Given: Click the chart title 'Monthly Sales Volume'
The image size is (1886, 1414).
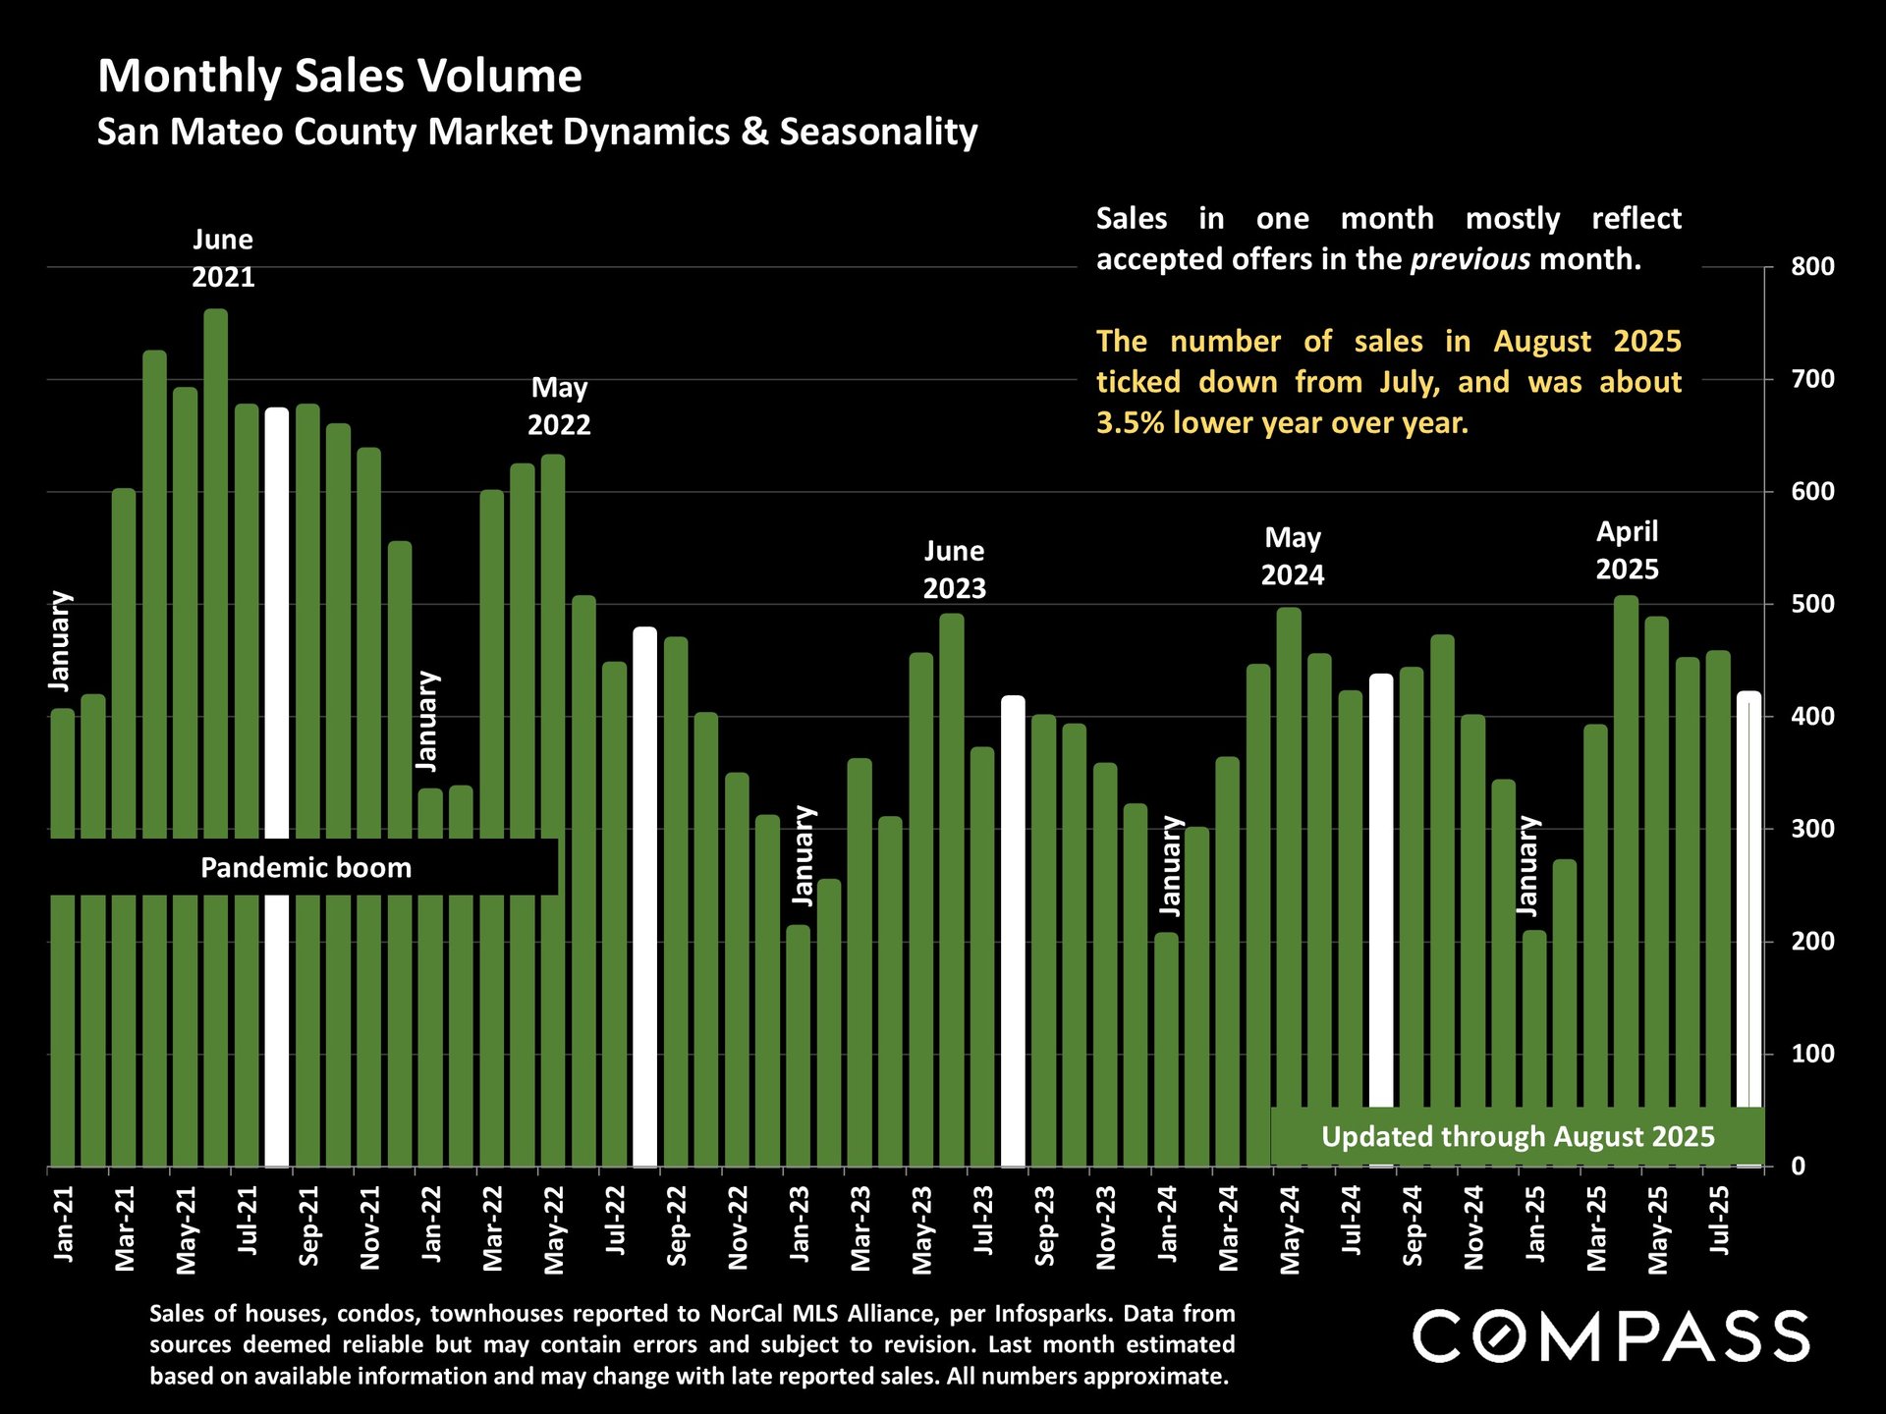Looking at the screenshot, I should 340,77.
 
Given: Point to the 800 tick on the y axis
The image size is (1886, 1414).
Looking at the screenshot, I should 1812,267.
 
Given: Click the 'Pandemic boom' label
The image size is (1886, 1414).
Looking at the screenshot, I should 305,868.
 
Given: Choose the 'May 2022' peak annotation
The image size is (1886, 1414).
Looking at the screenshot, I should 559,407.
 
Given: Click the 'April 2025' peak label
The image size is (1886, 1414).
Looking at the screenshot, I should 1627,551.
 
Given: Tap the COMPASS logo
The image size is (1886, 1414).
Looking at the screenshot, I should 1611,1336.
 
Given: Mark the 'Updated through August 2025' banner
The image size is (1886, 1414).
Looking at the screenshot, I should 1518,1137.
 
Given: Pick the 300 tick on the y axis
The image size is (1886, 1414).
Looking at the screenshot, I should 1812,830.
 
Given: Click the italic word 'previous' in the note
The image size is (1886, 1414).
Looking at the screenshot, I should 1470,260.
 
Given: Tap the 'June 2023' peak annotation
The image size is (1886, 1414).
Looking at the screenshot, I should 954,571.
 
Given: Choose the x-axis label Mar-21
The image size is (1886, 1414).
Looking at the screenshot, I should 125,1228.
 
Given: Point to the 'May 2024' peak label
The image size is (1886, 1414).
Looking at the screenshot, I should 1292,557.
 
